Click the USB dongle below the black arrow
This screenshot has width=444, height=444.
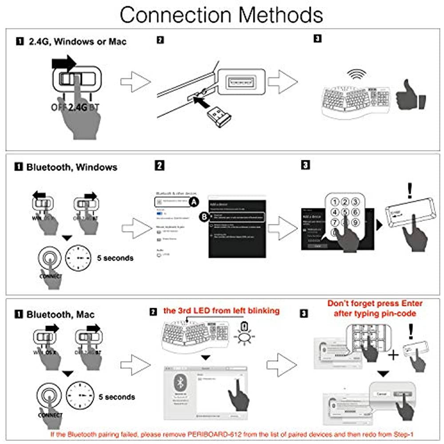(219, 116)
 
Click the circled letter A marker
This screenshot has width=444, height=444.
(193, 202)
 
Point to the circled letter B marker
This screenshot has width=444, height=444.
(204, 217)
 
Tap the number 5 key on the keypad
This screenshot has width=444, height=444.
(345, 212)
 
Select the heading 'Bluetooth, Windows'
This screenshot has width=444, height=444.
(72, 167)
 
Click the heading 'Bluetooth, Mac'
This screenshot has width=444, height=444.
(60, 315)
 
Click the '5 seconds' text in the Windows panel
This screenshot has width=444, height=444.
(115, 258)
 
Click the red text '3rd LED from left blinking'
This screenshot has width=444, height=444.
(221, 311)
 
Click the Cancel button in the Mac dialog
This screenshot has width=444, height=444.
(381, 393)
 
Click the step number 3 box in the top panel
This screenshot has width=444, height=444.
(317, 39)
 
